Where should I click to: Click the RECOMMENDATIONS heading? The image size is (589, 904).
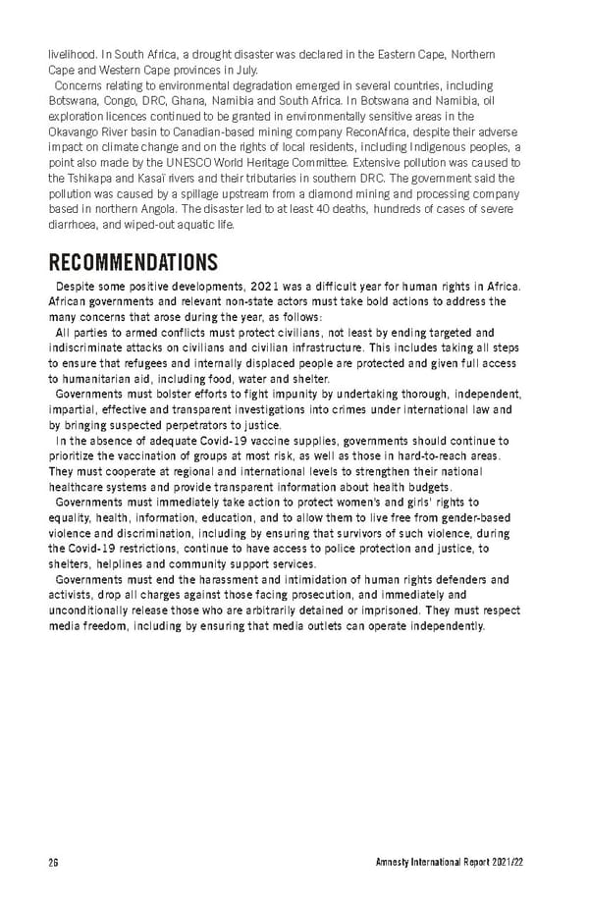coord(133,263)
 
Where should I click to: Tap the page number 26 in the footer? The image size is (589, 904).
coord(54,863)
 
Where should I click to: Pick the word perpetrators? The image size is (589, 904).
coord(197,425)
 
